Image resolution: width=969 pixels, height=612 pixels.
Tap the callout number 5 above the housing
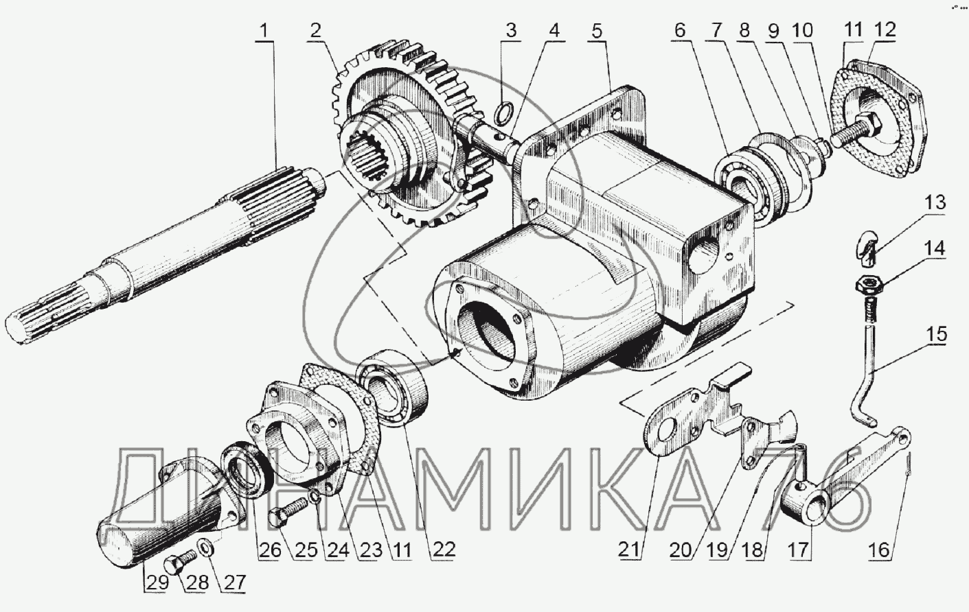pyautogui.click(x=597, y=31)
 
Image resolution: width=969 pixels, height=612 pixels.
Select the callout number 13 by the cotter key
pyautogui.click(x=935, y=202)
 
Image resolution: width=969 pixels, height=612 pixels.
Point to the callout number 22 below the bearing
pyautogui.click(x=444, y=550)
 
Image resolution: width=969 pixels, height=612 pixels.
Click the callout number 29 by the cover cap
pyautogui.click(x=157, y=582)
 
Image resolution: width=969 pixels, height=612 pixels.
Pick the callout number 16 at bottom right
pyautogui.click(x=880, y=550)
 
